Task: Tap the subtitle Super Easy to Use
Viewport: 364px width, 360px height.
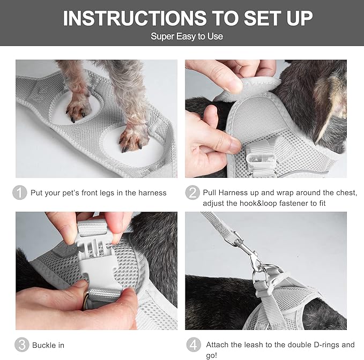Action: (x=187, y=36)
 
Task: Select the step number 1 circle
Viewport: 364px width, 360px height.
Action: (x=20, y=193)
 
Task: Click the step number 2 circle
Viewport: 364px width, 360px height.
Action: (x=192, y=193)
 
